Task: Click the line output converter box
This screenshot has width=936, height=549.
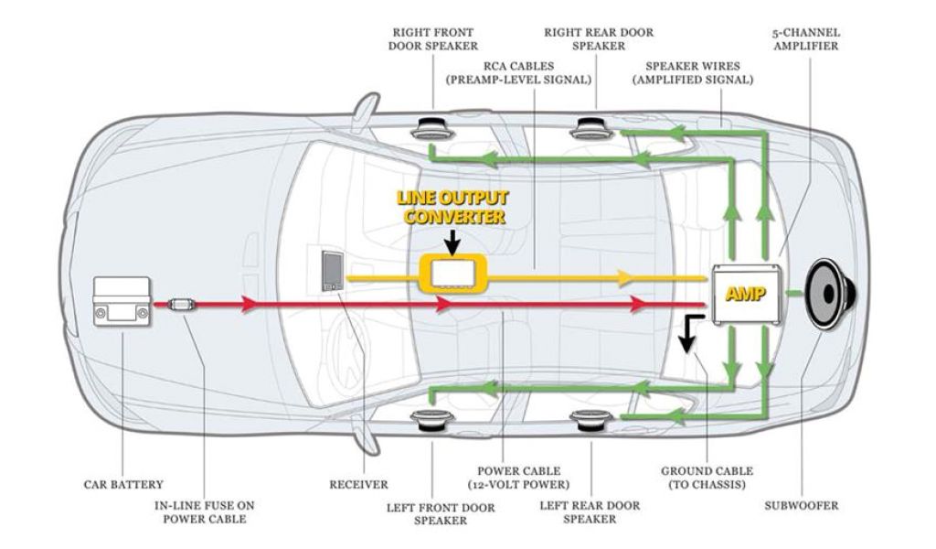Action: coord(452,273)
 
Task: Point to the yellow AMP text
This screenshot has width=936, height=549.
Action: coord(744,295)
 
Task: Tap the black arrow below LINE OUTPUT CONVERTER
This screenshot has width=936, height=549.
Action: coord(452,242)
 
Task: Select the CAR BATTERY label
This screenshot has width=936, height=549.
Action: coord(123,484)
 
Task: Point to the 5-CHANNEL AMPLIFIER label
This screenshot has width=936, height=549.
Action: coord(805,39)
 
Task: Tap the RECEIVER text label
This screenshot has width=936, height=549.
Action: coord(359,484)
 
